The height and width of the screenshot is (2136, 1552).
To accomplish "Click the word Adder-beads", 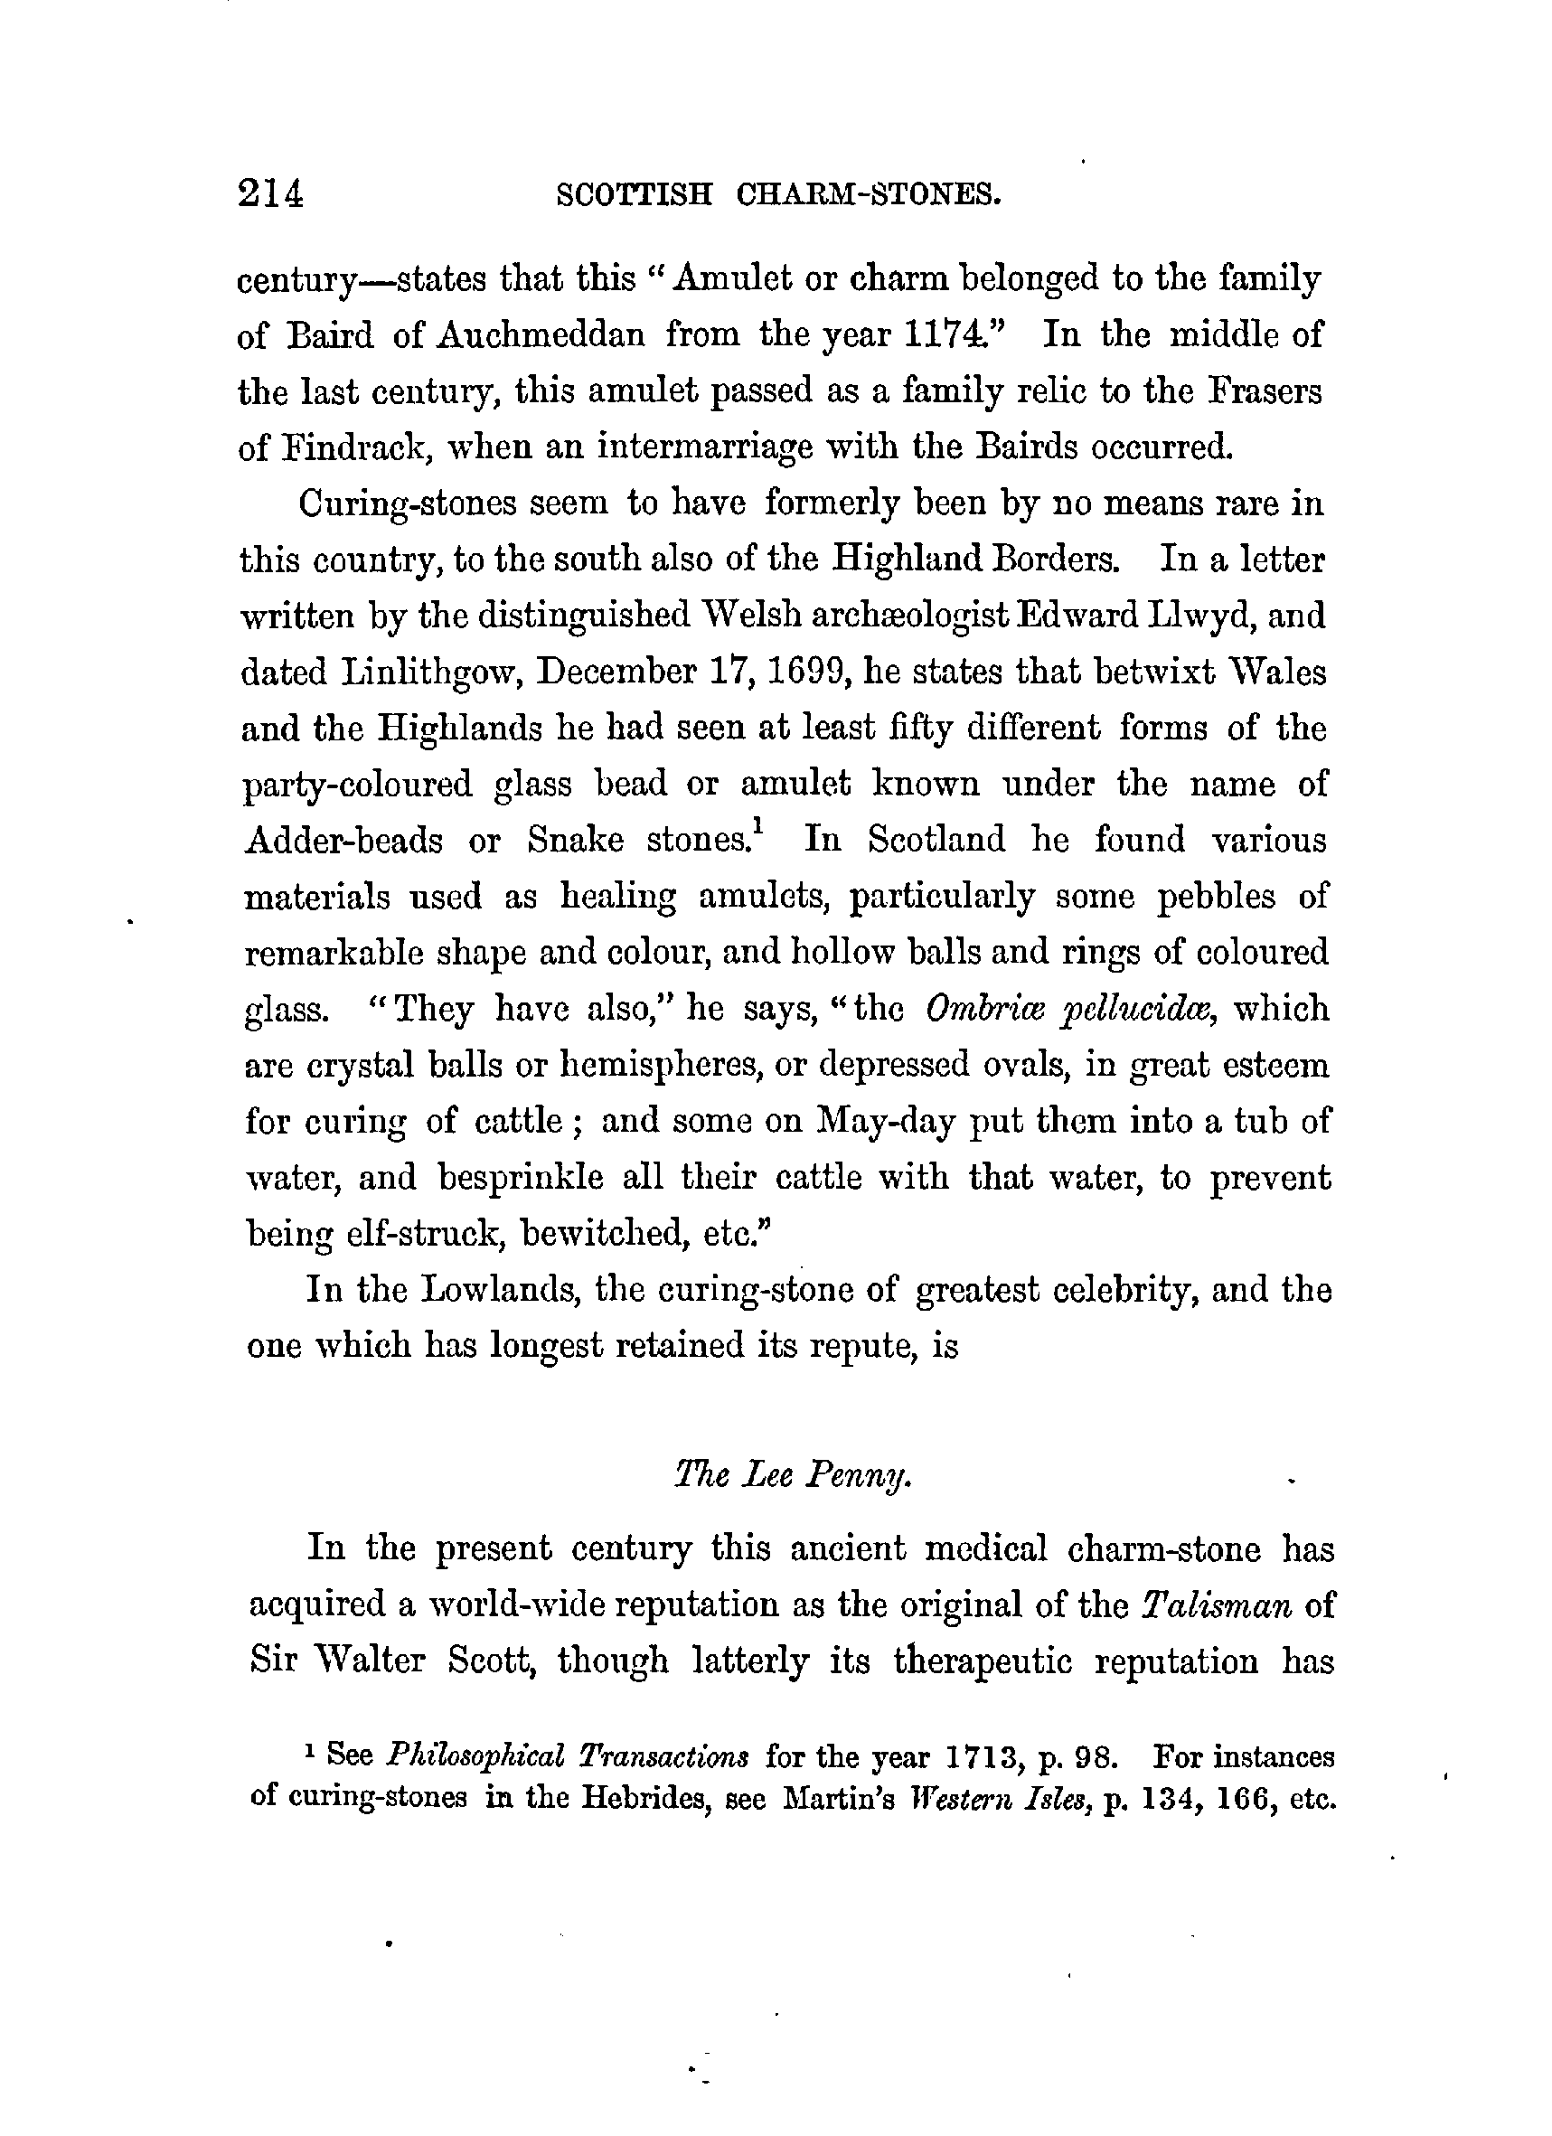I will [343, 840].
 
